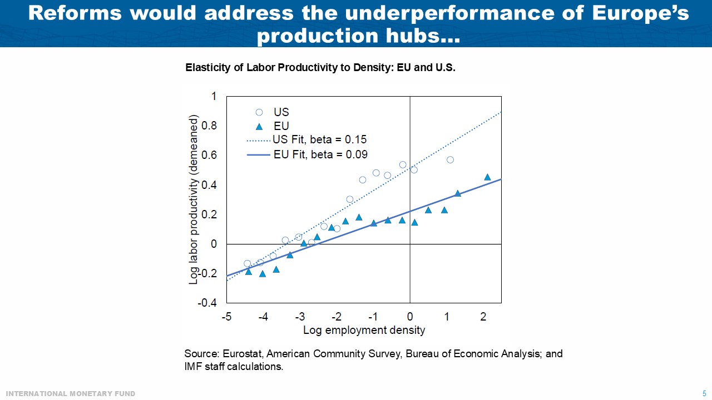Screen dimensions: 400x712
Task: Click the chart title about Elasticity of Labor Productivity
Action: [x=320, y=68]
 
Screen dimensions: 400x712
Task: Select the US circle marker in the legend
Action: [x=259, y=112]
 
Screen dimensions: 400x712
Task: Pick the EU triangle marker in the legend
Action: [x=259, y=126]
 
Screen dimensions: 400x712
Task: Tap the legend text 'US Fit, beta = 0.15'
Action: [x=320, y=139]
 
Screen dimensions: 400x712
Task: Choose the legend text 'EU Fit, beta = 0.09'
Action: [x=320, y=154]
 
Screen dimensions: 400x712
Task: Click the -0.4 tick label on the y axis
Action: [x=207, y=303]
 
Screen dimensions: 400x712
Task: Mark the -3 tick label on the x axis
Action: [x=299, y=317]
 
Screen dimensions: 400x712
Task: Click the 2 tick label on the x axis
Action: [x=483, y=317]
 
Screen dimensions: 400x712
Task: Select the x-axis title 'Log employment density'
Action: [x=364, y=331]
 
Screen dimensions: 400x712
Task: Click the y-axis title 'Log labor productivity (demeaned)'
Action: [x=194, y=200]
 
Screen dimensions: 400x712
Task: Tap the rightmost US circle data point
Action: [x=451, y=160]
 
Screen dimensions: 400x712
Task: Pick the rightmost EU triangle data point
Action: [x=487, y=177]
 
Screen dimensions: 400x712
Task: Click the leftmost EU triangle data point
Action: [x=249, y=272]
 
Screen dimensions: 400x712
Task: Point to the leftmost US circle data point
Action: [x=248, y=263]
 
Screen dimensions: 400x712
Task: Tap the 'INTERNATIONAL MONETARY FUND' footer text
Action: [x=71, y=394]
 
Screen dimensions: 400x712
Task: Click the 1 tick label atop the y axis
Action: [x=214, y=97]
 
